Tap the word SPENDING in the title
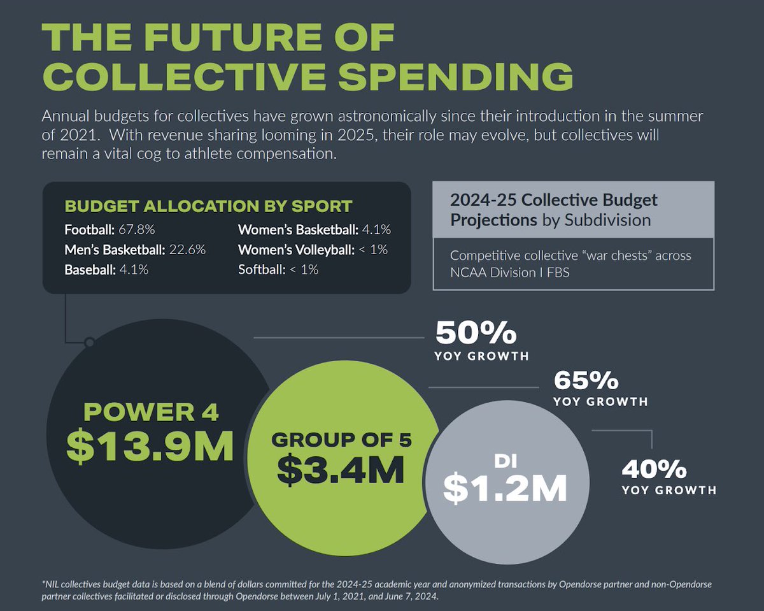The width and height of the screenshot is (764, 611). pos(455,76)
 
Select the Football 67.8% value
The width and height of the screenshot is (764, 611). pos(138,229)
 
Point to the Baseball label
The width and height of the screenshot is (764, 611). pos(88,270)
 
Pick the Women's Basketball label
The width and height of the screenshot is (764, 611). pos(297,229)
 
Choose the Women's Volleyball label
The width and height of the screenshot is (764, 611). pos(296,250)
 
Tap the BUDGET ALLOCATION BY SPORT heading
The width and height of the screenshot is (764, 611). pos(208,206)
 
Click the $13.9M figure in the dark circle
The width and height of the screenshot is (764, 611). pos(150,447)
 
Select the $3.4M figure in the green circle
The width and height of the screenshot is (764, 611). pos(341,470)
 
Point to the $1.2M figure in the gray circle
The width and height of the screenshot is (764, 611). pos(505,487)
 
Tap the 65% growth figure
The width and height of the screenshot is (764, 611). pos(586,380)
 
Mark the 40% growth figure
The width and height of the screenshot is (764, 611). pos(654,470)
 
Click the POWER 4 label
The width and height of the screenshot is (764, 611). pos(151,413)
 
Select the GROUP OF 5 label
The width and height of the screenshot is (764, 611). pos(341,440)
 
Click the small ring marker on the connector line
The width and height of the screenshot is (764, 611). pos(90,343)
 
